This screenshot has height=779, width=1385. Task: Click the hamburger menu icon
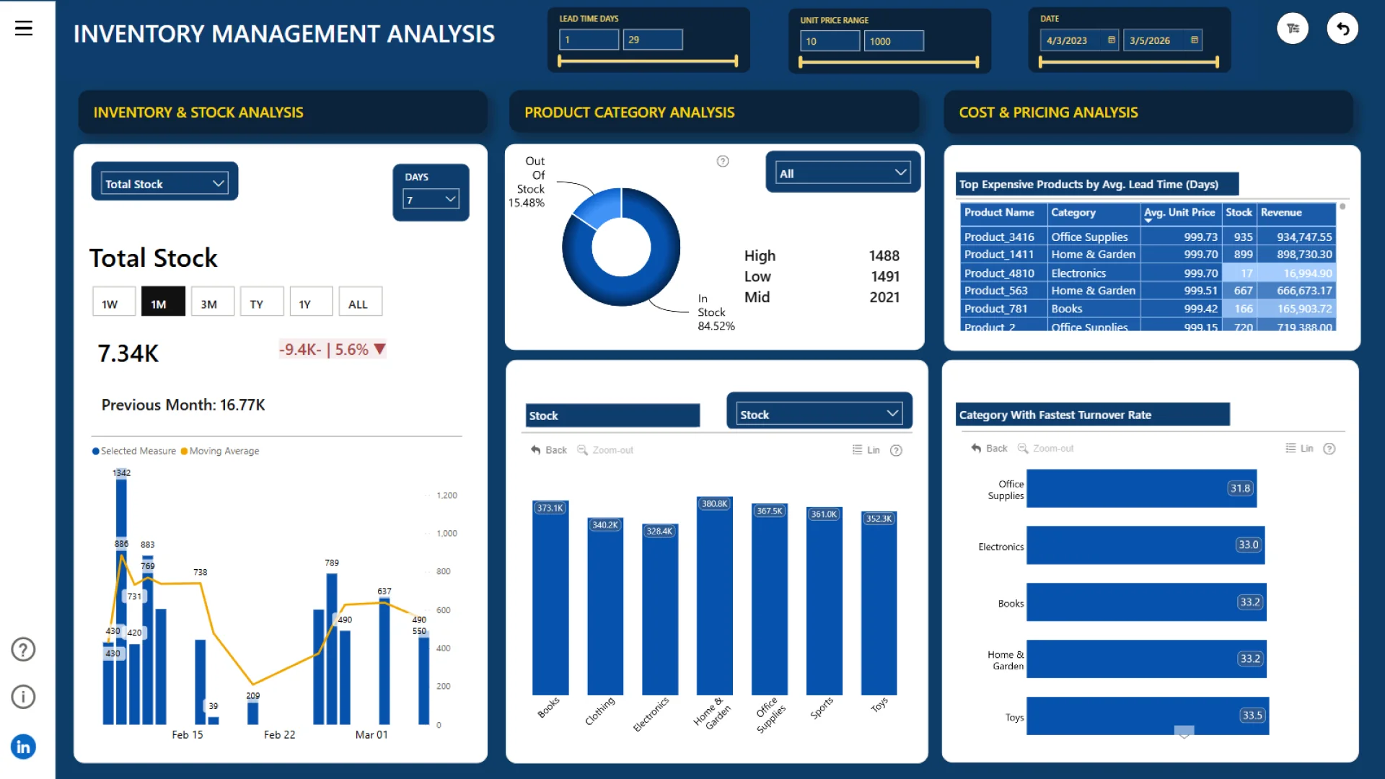[x=24, y=28]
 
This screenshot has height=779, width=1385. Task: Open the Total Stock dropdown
[x=164, y=183]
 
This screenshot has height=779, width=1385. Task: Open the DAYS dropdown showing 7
[x=431, y=200]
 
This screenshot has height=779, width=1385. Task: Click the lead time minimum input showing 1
[x=589, y=40]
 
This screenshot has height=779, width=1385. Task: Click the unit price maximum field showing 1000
[x=893, y=41]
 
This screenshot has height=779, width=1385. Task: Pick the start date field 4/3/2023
[x=1075, y=40]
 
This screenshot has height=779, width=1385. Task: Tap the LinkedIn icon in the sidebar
[x=23, y=747]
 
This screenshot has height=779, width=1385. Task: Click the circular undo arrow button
[x=1342, y=29]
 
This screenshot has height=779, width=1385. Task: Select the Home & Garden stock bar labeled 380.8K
[x=714, y=599]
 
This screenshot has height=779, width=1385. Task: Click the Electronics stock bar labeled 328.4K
[x=659, y=613]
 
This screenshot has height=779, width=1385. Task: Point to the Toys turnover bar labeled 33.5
[x=1147, y=716]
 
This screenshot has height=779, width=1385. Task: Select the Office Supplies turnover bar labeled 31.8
[x=1140, y=488]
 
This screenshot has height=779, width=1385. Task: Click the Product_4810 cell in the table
[x=999, y=273]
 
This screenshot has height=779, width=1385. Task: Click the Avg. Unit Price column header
[x=1179, y=213]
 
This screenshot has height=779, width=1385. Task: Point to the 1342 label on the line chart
[x=121, y=473]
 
